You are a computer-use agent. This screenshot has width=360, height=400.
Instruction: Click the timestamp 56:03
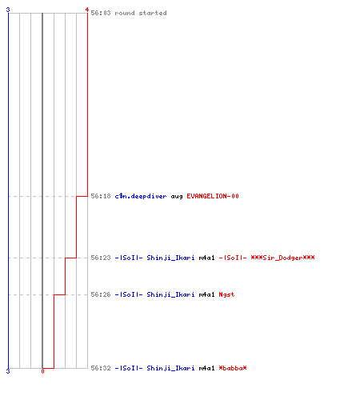tap(101, 13)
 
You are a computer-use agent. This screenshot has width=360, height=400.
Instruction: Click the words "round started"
tap(141, 13)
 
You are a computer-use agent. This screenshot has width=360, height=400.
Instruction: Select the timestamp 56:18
tap(101, 196)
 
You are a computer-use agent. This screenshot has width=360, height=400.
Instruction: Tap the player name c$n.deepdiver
tap(141, 196)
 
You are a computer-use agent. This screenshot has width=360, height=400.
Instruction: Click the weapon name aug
tap(177, 197)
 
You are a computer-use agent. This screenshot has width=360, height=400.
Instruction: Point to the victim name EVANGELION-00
tap(213, 196)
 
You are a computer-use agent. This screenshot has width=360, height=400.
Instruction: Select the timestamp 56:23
tap(101, 258)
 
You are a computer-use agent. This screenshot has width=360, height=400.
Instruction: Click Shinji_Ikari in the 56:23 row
tap(170, 258)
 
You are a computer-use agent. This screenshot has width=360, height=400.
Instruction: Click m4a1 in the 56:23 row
tap(206, 258)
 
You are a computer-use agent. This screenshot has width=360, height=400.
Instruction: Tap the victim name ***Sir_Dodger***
tap(282, 258)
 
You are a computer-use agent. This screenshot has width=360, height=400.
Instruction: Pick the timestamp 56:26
tap(101, 294)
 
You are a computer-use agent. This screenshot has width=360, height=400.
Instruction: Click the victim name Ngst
tap(226, 295)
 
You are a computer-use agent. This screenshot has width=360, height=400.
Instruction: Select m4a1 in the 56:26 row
tap(206, 294)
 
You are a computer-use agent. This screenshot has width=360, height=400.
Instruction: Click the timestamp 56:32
tap(101, 368)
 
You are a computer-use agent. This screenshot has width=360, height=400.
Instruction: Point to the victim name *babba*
tap(233, 368)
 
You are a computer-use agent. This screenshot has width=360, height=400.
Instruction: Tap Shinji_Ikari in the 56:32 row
tap(170, 368)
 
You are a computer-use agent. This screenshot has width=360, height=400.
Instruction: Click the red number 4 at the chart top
tap(86, 10)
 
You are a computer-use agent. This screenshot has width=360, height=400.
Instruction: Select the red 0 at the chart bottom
tap(42, 371)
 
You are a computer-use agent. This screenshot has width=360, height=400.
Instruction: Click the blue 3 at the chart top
tap(8, 10)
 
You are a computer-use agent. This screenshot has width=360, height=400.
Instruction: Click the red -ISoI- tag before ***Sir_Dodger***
tap(233, 258)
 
